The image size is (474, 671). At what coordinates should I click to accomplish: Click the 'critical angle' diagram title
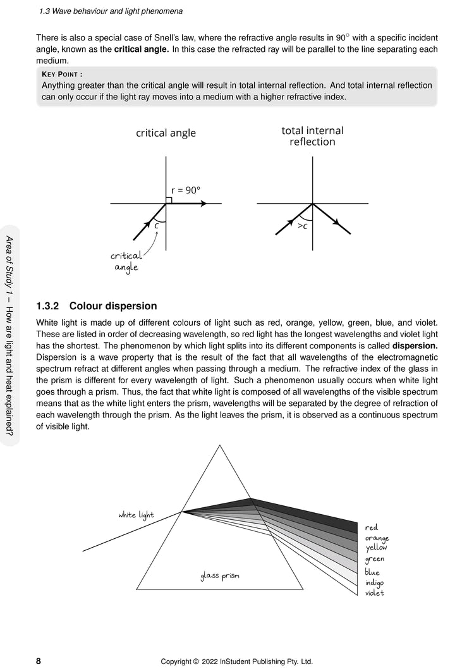(166, 133)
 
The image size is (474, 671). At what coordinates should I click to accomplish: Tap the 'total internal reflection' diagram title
(312, 136)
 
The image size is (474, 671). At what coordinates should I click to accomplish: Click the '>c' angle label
(303, 225)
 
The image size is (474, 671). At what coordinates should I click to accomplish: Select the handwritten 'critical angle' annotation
(126, 261)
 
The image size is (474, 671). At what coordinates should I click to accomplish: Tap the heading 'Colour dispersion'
(113, 306)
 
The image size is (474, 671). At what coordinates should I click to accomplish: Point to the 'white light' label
(136, 515)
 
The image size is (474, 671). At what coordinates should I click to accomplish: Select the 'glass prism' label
(220, 576)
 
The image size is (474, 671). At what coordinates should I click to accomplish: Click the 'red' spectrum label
(371, 527)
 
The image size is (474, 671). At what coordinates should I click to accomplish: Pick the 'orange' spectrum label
(377, 538)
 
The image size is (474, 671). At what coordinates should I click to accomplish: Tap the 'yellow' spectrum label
(377, 548)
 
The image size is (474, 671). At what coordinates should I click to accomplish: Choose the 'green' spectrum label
(375, 559)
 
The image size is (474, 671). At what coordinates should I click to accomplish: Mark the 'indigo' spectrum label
(374, 582)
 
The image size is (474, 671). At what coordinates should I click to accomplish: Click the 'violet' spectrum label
(375, 593)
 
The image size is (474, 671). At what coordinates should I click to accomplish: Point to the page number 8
(39, 661)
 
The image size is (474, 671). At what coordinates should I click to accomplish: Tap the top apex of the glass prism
(220, 446)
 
